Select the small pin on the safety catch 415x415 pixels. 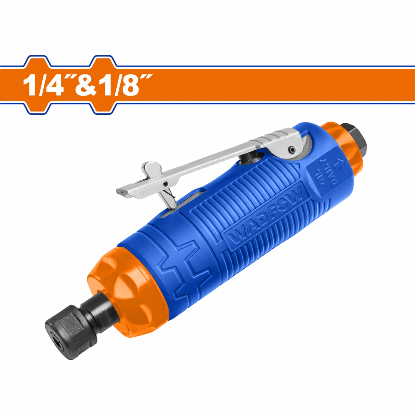pyautogui.click(x=166, y=183)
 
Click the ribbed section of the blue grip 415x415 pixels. pyautogui.click(x=249, y=194)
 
